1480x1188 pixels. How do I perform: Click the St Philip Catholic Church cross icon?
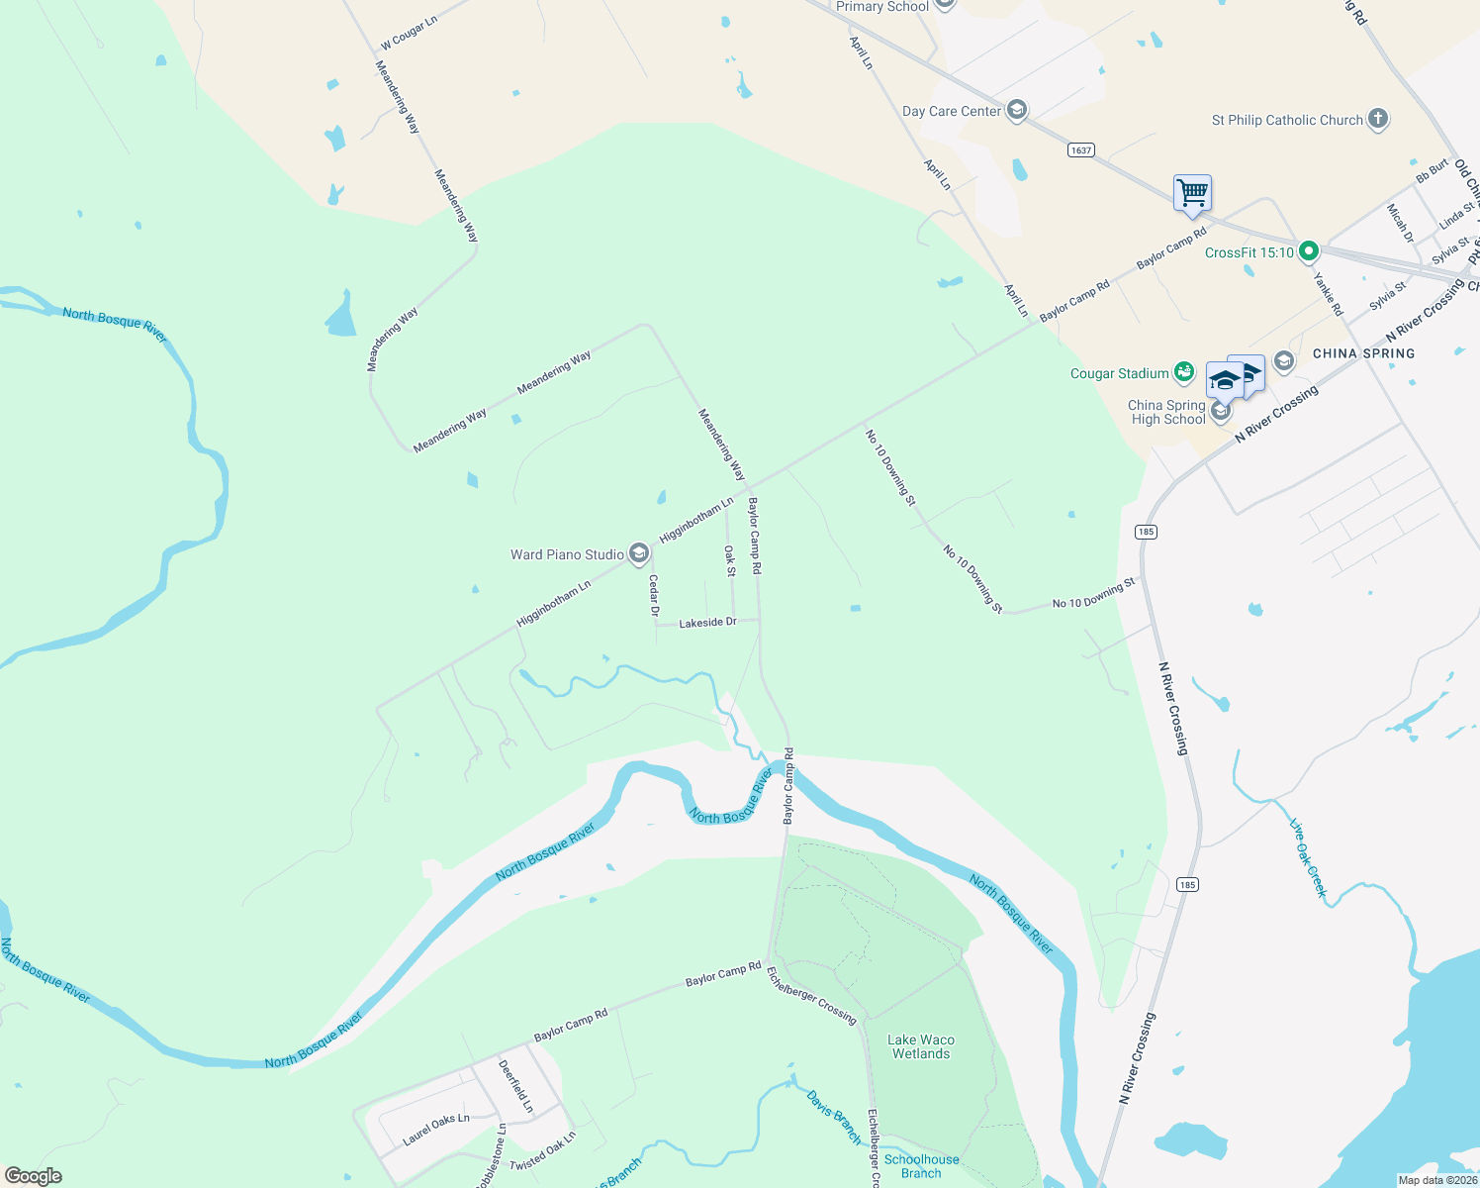1377,120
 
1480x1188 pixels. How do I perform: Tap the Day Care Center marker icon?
1016,110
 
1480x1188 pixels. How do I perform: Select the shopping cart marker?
1192,192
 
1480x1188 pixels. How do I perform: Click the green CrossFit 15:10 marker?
1308,251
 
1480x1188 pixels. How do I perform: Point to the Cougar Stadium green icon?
1183,372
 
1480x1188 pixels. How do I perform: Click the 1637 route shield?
1080,150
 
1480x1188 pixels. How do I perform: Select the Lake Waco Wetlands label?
920,1046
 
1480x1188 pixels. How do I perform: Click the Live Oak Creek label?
1308,857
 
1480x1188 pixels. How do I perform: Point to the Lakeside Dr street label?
707,623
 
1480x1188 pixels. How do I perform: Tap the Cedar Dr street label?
654,596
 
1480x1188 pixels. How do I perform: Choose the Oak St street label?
730,560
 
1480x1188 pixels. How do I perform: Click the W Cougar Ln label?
409,33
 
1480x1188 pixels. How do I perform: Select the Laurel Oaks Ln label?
436,1130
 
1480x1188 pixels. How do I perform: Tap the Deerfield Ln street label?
515,1086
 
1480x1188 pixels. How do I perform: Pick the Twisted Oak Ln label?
542,1150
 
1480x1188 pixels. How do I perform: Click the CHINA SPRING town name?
1363,353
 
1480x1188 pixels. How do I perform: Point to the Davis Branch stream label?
834,1118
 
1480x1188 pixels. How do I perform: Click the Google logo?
33,1176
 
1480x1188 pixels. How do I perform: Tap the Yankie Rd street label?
1328,294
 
